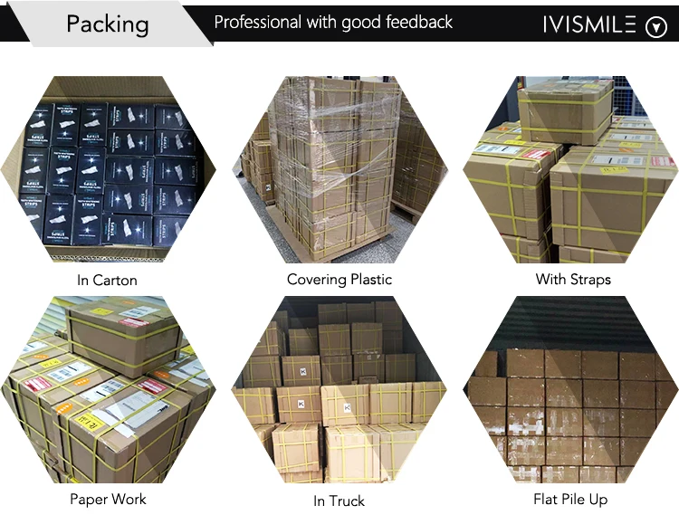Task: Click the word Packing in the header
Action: tap(107, 24)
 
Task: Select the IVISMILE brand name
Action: tap(589, 24)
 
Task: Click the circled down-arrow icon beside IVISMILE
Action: tap(655, 27)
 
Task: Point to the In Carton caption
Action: tap(107, 280)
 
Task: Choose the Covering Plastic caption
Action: tap(339, 279)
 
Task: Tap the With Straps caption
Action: tap(573, 279)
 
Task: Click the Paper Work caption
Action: tap(108, 499)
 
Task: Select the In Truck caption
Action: tap(339, 500)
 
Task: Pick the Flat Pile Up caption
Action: tap(570, 499)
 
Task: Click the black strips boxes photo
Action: tap(108, 170)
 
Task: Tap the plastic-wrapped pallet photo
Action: tap(339, 170)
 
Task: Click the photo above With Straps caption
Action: tap(570, 170)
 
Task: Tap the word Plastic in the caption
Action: tap(368, 279)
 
